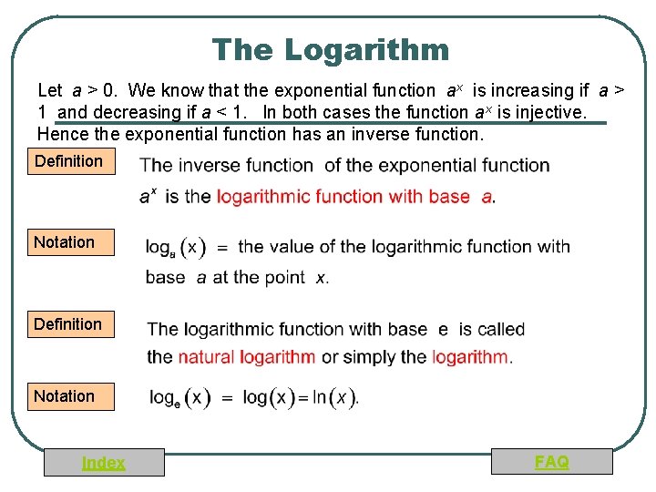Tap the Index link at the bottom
click(x=104, y=463)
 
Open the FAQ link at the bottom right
click(x=552, y=462)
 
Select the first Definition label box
click(x=69, y=162)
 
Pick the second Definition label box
click(x=69, y=324)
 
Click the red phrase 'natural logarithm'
click(x=247, y=356)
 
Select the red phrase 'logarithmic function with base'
click(x=343, y=196)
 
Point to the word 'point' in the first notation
click(x=282, y=276)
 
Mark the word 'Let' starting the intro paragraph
click(x=49, y=90)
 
